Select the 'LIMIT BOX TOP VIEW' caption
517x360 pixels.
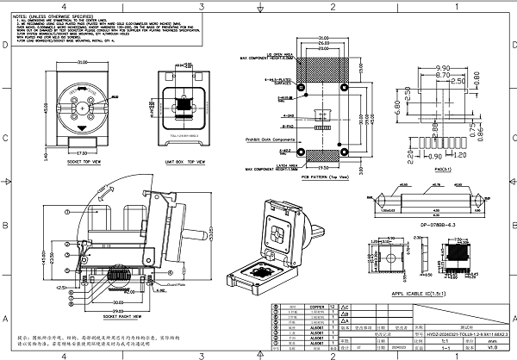click(x=186, y=161)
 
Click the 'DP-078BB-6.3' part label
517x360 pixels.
click(x=426, y=225)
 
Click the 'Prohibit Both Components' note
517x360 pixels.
click(x=271, y=137)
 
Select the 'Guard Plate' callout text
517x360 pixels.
click(x=177, y=283)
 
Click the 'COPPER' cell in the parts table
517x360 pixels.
click(x=317, y=306)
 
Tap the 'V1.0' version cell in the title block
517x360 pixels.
click(x=492, y=347)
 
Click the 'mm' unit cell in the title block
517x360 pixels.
click(x=492, y=340)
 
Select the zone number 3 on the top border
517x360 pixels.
click(x=200, y=6)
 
